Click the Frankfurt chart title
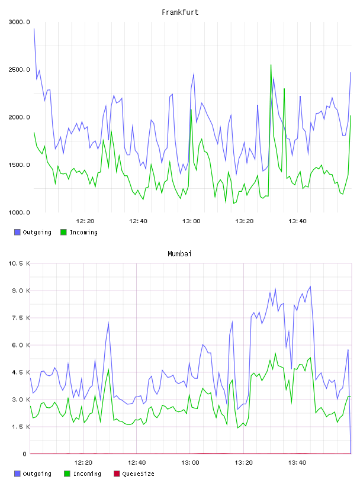[x=180, y=12]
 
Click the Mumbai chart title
[x=179, y=253]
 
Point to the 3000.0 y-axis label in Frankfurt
[x=19, y=22]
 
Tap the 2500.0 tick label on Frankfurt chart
[x=19, y=70]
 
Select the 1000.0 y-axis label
[x=19, y=212]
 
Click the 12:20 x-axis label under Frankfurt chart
[x=85, y=221]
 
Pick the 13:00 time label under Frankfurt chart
[x=191, y=221]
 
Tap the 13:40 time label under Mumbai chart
[x=297, y=462]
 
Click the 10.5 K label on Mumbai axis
[x=19, y=263]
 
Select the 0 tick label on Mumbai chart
[x=24, y=454]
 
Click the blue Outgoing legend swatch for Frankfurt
[x=17, y=232]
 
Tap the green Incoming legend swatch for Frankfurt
[x=63, y=232]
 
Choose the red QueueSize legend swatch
[x=117, y=474]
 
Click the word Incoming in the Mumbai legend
[x=87, y=474]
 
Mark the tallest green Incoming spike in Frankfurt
[x=271, y=65]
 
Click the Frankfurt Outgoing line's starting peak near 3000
[x=34, y=28]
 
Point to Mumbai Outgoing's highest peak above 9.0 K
[x=310, y=286]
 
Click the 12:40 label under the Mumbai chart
[x=137, y=462]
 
